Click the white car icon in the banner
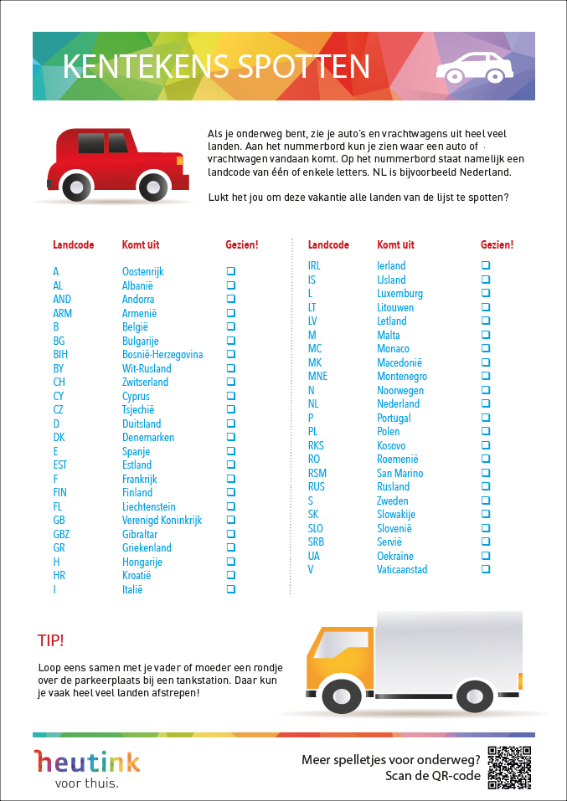click(x=475, y=67)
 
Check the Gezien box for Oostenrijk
click(x=230, y=271)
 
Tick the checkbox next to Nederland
click(x=486, y=403)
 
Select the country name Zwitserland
click(x=145, y=383)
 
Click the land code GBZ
click(x=61, y=534)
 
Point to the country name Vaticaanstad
click(x=402, y=570)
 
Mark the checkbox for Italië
click(x=230, y=589)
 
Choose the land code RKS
click(x=316, y=445)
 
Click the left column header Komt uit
click(x=140, y=245)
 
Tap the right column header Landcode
click(x=328, y=245)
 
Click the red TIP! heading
click(x=50, y=641)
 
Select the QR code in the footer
click(x=509, y=767)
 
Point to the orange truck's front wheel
click(x=342, y=696)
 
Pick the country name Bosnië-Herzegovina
click(x=162, y=355)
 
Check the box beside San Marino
click(x=486, y=473)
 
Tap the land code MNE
click(x=317, y=377)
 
